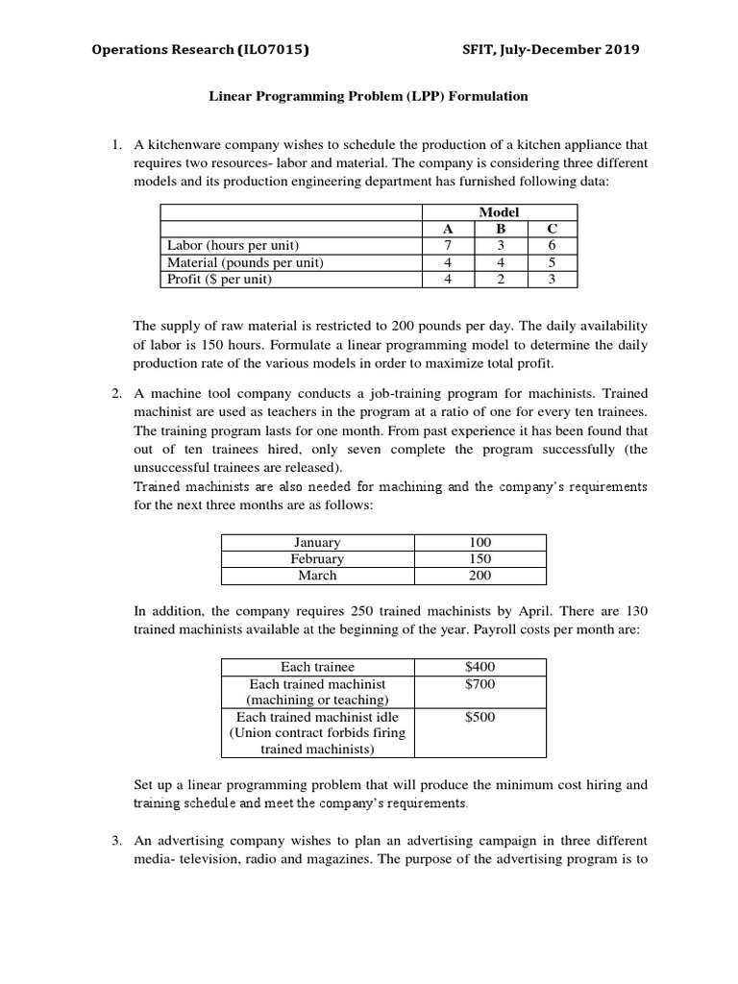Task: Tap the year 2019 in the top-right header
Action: [619, 50]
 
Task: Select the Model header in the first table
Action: [499, 211]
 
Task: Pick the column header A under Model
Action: [447, 229]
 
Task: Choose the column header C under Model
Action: [551, 229]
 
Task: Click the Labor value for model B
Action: [500, 245]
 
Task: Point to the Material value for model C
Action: [551, 262]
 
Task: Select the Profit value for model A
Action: [447, 280]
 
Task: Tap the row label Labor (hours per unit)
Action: [234, 245]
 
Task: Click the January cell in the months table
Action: [317, 543]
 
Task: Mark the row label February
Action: [317, 559]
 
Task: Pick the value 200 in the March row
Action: [480, 576]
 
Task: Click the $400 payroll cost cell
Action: [480, 667]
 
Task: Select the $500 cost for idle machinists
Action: [480, 717]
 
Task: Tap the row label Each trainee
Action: [317, 667]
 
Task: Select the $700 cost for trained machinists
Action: [480, 684]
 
